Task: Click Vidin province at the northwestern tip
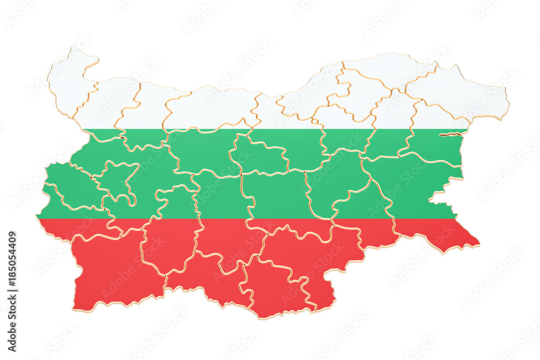click(x=70, y=81)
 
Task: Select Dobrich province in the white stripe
click(x=459, y=92)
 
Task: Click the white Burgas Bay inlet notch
click(x=443, y=197)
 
